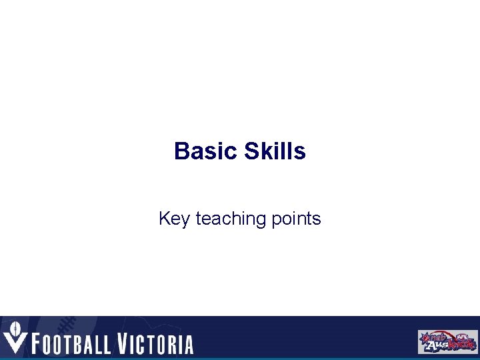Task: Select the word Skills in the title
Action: pos(275,151)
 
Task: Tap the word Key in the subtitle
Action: pos(174,219)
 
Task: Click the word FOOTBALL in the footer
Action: pos(73,344)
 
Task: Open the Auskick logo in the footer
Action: pos(447,341)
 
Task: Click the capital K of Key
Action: pos(164,219)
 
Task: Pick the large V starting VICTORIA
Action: pos(124,343)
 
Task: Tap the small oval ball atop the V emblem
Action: pos(13,328)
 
